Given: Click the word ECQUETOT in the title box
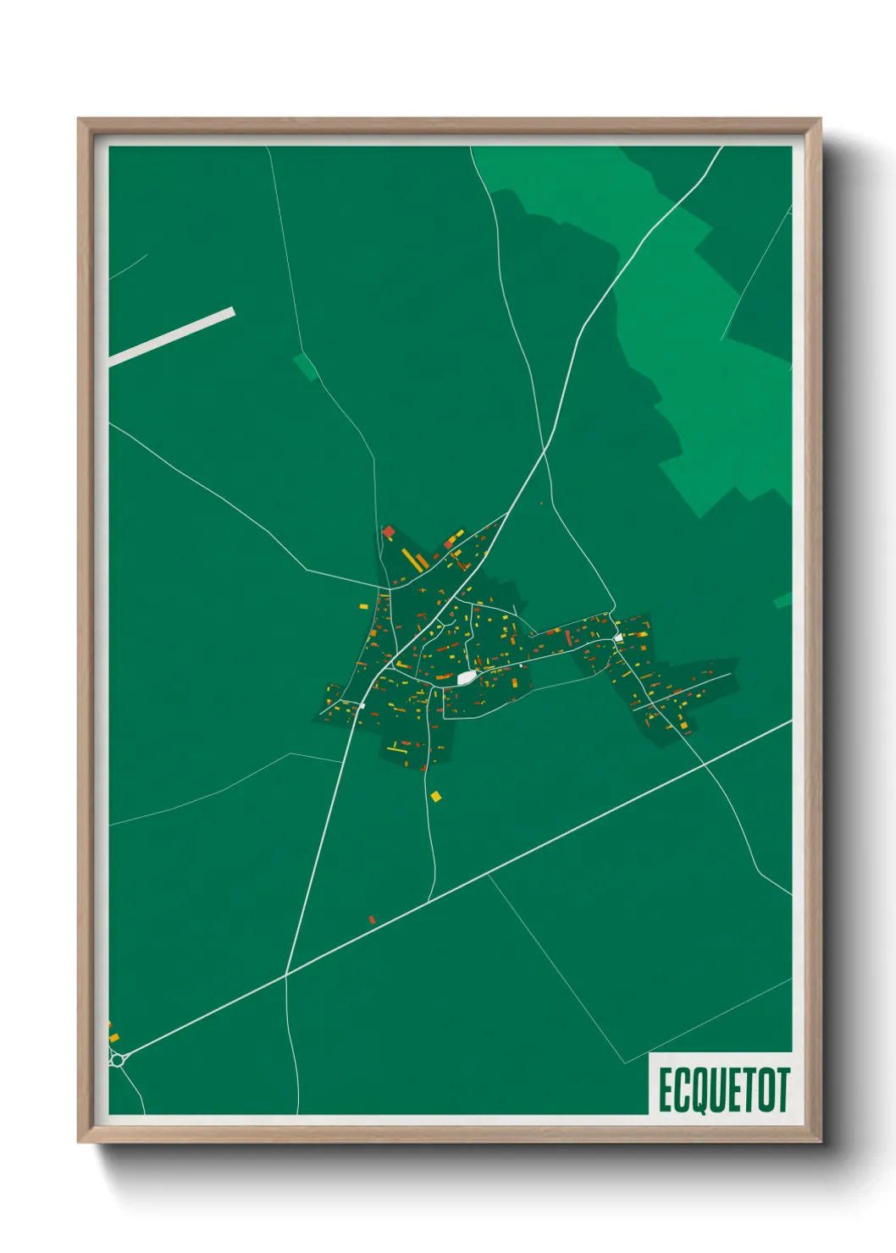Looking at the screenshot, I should [x=723, y=1090].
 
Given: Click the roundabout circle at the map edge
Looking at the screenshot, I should [x=117, y=1058].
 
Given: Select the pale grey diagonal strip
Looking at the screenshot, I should [x=171, y=337].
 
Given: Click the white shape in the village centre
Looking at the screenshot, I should [x=465, y=678].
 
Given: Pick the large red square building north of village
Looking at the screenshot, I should [x=389, y=532].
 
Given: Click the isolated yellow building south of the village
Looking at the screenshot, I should [x=436, y=796].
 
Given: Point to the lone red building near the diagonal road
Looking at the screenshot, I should [x=372, y=919].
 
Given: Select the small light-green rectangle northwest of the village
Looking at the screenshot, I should [x=306, y=367].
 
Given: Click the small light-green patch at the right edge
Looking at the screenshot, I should [x=783, y=600].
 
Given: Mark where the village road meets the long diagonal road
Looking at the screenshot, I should [x=286, y=974].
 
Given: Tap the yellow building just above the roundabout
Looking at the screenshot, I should [x=113, y=1037].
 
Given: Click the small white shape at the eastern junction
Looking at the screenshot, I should [x=618, y=638].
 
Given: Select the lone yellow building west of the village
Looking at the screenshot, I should [x=363, y=606].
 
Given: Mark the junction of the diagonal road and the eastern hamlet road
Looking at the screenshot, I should [x=704, y=764].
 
